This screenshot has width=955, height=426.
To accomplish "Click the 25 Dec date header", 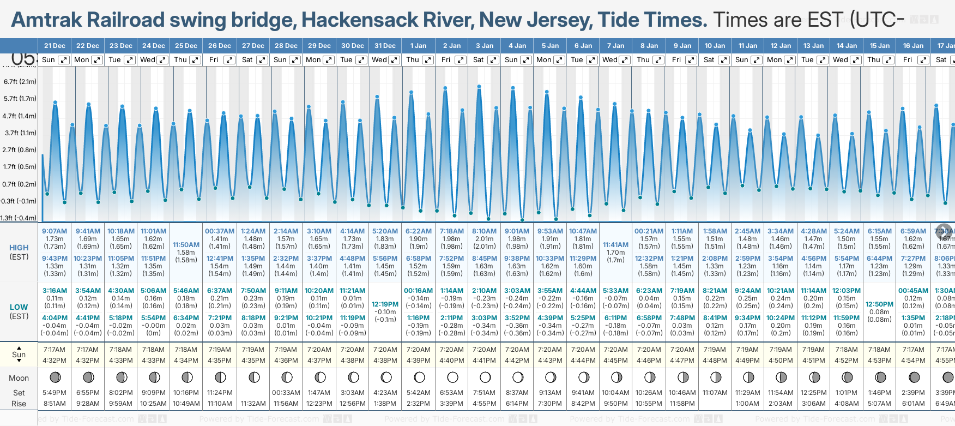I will tap(186, 46).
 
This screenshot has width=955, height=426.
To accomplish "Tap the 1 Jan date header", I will tap(419, 46).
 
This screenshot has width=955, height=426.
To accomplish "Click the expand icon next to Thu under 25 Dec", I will tap(195, 60).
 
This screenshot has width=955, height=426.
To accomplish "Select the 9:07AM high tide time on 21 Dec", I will tap(55, 231).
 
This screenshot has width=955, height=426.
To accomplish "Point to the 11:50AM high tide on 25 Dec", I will tap(186, 245).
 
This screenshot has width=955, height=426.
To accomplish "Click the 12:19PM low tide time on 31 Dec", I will tap(385, 304).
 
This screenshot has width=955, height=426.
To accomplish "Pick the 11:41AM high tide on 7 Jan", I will tap(616, 245).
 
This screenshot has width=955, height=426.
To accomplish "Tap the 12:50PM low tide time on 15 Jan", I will tap(880, 304).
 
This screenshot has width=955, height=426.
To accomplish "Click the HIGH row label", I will tap(19, 248).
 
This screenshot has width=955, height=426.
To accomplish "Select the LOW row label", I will tap(19, 307).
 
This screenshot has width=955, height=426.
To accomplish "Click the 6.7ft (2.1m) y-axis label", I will tap(20, 82).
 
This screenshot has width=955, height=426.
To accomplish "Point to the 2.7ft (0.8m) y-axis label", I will tap(20, 149).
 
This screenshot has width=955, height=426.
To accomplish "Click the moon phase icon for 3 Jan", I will tap(485, 377).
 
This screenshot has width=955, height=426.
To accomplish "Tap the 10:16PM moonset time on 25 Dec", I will tap(186, 393).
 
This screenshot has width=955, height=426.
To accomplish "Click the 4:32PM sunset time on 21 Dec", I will tap(55, 361).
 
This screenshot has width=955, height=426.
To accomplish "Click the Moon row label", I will tap(19, 378).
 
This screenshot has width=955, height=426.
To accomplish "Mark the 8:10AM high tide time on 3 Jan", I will tap(485, 231).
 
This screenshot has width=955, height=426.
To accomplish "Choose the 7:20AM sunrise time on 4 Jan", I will tap(517, 350).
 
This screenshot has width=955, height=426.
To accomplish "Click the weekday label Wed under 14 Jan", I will tap(841, 60).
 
